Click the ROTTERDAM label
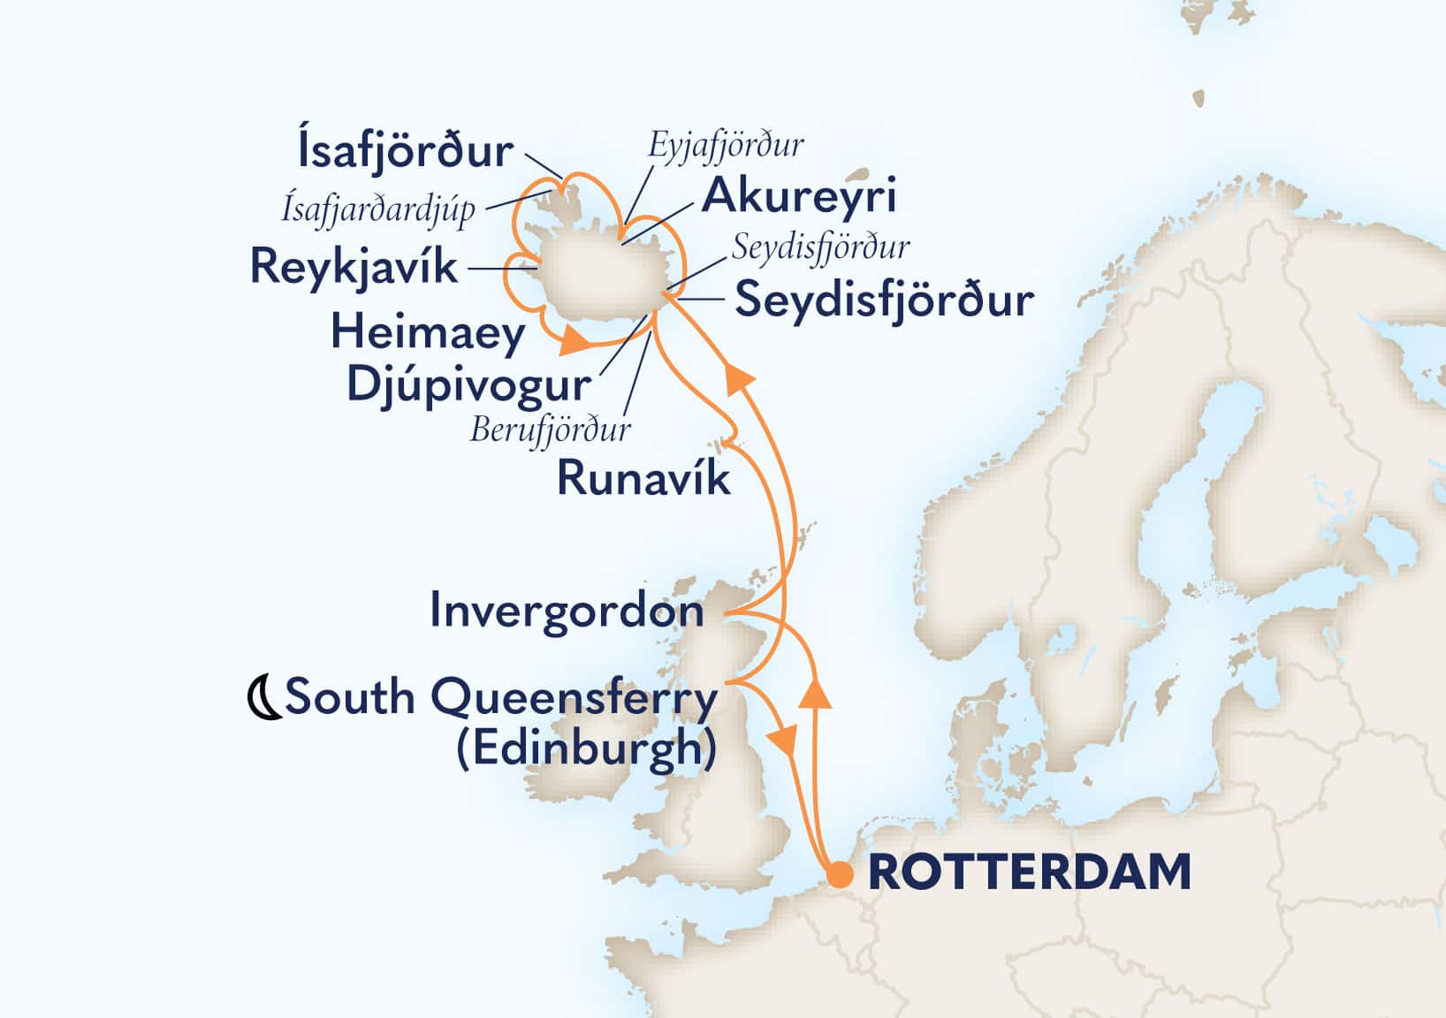[1030, 872]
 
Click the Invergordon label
[567, 611]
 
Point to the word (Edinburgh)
[586, 749]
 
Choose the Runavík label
[643, 479]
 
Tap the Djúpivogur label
[468, 385]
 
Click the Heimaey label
[428, 333]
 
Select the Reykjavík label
[354, 266]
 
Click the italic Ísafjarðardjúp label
[378, 209]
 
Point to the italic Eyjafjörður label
[726, 144]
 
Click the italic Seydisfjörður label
[820, 247]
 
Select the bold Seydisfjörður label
[885, 300]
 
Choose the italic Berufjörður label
[551, 430]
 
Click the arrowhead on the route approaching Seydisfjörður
[740, 382]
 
